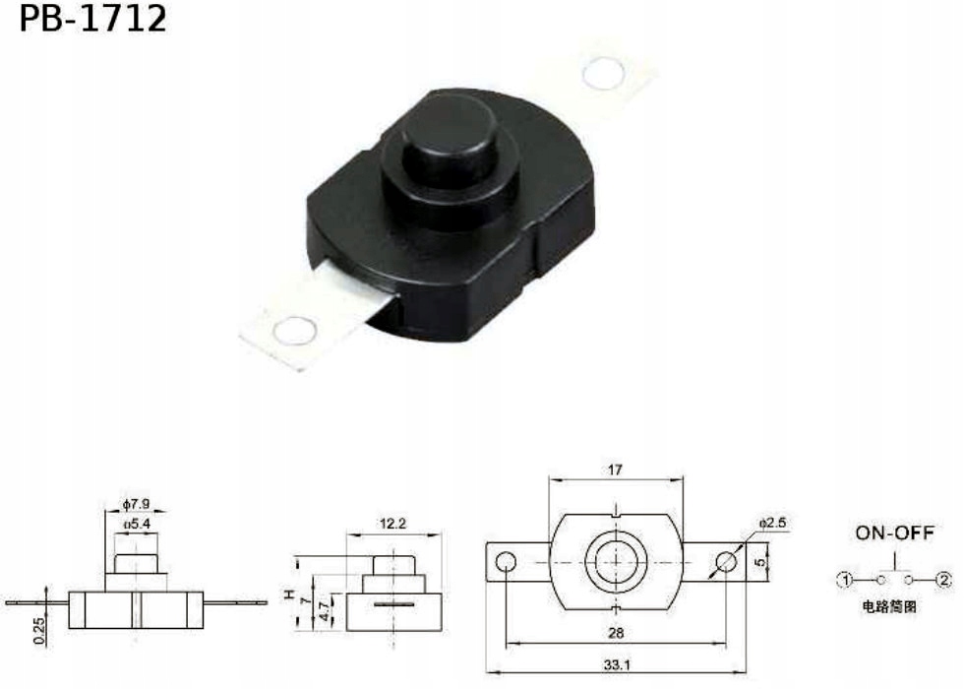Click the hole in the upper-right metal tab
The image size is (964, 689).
point(604,73)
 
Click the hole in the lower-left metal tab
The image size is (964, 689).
point(294,331)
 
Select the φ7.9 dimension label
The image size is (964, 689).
point(137,505)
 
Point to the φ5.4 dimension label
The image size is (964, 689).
point(137,525)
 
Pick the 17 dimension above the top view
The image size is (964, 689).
point(616,470)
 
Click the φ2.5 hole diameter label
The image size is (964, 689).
point(772,521)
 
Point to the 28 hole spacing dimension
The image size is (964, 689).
point(616,633)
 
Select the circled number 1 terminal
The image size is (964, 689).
point(843,580)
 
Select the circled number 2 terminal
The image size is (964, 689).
point(944,580)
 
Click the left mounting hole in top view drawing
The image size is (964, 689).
point(506,562)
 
